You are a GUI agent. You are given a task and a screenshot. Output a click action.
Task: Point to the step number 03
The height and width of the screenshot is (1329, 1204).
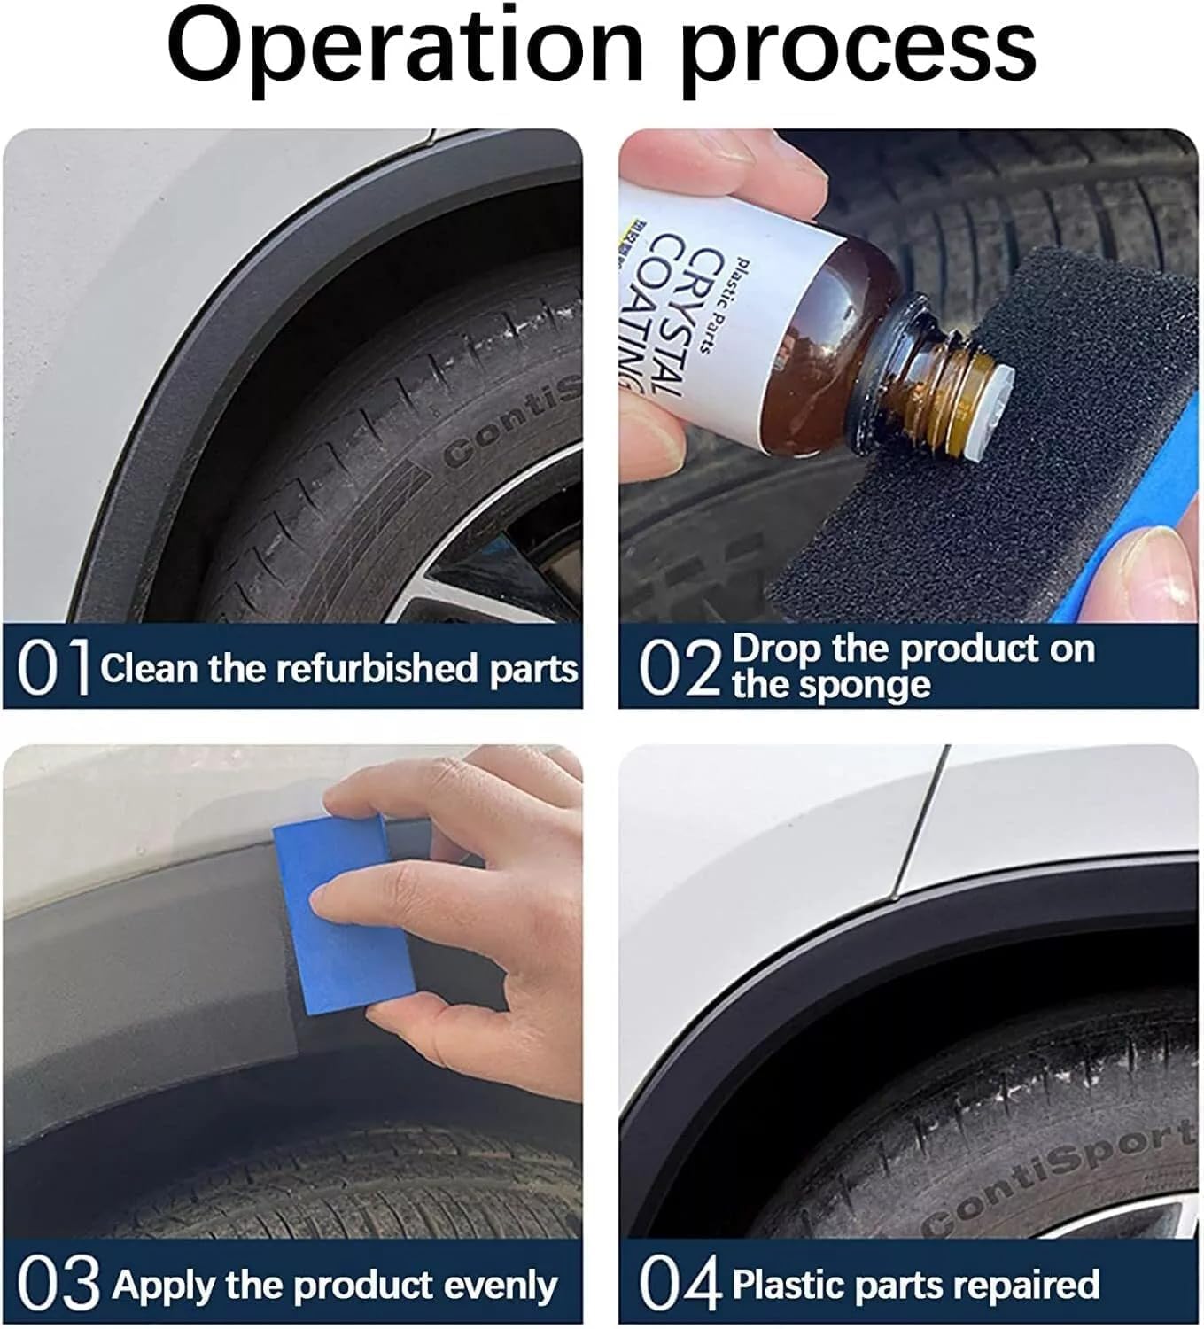(58, 1285)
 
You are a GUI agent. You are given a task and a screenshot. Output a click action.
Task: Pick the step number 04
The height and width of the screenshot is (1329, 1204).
(680, 1285)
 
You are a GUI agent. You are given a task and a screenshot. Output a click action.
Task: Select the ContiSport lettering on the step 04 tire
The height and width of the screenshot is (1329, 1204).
(1059, 1174)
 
